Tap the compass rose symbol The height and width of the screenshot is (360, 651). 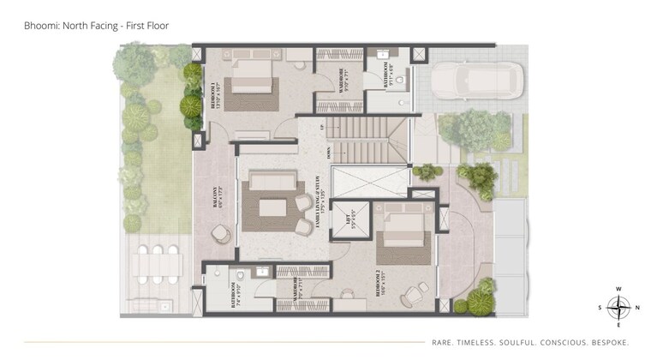[x=618, y=306]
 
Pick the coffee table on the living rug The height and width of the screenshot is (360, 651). [x=272, y=207]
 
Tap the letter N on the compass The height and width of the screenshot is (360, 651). [x=634, y=306]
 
